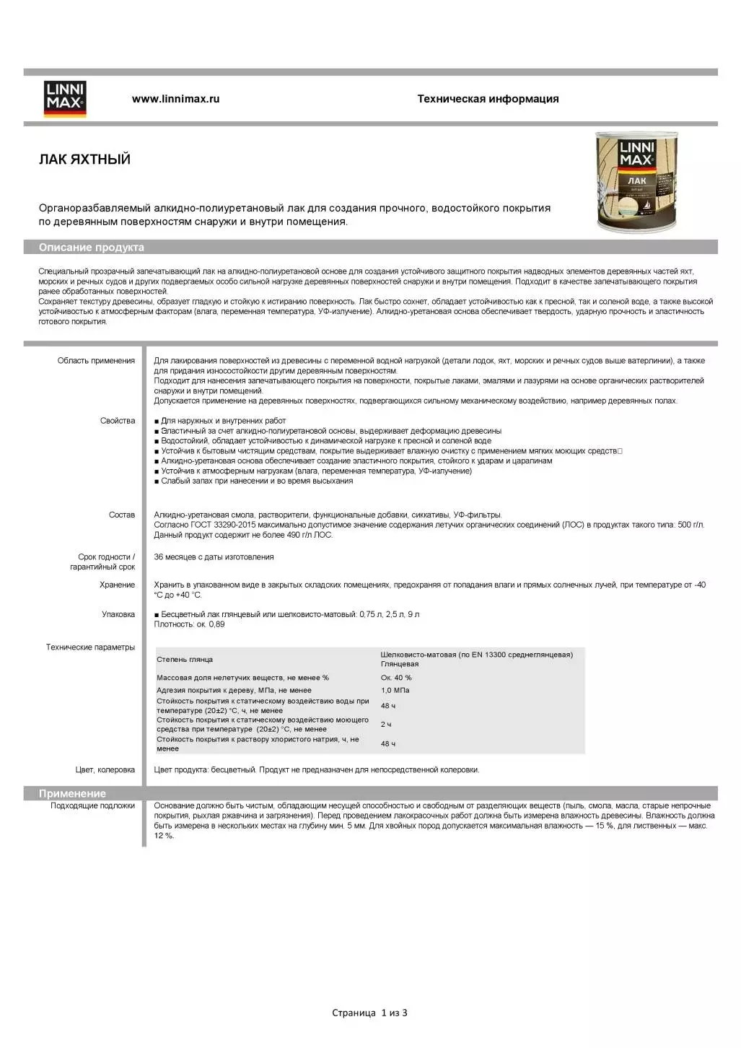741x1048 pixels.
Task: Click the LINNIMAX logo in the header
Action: point(65,99)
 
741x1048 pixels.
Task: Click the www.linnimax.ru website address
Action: point(175,99)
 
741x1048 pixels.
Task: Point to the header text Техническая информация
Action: point(488,99)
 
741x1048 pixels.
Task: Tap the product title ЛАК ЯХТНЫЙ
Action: point(84,160)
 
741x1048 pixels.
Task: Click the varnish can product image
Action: point(636,182)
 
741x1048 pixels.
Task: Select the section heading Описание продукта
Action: point(92,248)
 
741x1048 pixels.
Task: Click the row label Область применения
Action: point(96,361)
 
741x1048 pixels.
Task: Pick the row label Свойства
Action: point(118,421)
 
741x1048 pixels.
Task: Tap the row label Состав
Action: point(122,515)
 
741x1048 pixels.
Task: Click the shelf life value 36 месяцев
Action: point(214,557)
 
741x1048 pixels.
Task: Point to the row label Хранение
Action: point(118,585)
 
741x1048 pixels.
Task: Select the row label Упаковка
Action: point(118,614)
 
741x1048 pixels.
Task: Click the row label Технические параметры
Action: point(90,647)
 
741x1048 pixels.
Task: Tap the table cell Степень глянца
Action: point(185,660)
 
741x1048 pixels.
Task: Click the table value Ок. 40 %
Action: point(396,678)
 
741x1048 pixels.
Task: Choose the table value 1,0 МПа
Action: point(395,691)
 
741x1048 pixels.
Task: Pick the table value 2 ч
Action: point(386,724)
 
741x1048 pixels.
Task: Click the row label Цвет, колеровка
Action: point(105,770)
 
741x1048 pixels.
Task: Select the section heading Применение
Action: point(72,793)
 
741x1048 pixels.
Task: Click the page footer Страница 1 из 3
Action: point(369,1013)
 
